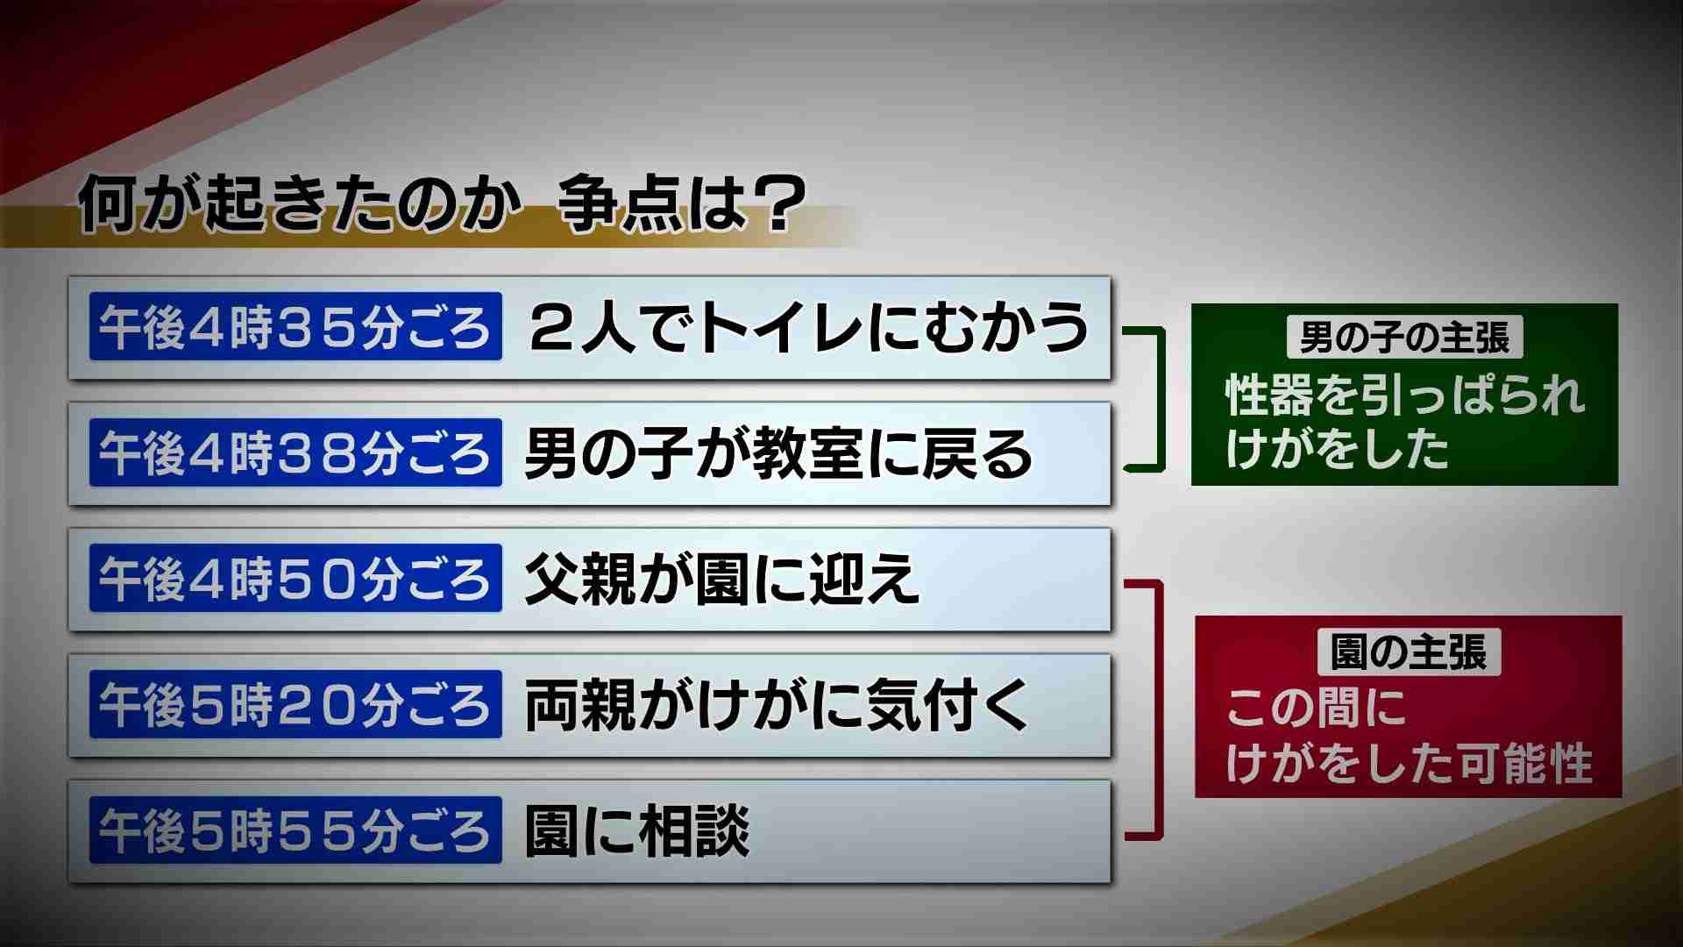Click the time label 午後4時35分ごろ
[295, 326]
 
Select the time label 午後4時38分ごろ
[295, 452]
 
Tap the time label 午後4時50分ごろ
[295, 578]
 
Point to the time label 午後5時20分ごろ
[295, 704]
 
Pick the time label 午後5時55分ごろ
[295, 830]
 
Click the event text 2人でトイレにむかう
[809, 327]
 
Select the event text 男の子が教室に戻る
[779, 453]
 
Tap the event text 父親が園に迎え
[722, 579]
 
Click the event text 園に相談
[637, 831]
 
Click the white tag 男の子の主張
[1405, 338]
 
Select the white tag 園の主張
[1409, 652]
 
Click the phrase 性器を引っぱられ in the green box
[1405, 395]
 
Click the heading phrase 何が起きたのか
[295, 207]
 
